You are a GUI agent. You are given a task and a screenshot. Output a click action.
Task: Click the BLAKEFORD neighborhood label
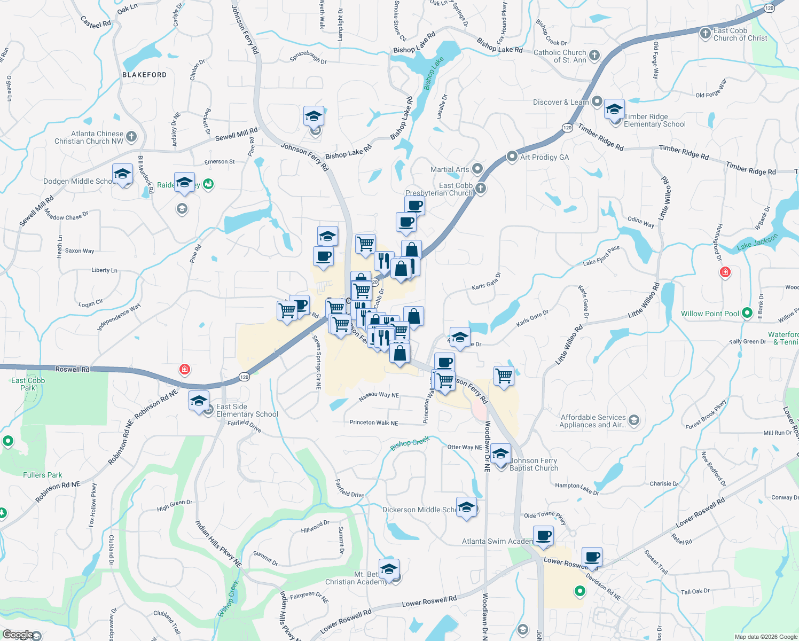click(144, 75)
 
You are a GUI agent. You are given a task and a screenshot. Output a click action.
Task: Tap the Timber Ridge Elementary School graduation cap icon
click(614, 111)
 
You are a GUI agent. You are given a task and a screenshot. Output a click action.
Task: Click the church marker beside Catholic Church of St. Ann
click(594, 56)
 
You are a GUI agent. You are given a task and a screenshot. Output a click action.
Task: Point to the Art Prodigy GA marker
click(512, 157)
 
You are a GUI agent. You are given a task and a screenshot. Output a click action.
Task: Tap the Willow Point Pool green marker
click(747, 313)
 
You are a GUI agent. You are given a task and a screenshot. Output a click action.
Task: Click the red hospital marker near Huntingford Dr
click(725, 272)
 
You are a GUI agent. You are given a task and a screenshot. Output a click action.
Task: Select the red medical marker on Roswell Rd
click(185, 369)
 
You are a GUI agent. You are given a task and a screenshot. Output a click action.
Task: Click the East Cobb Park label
click(28, 384)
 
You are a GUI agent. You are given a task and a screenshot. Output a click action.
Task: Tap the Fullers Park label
click(43, 475)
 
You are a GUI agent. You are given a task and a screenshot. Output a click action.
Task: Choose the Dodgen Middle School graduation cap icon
click(123, 174)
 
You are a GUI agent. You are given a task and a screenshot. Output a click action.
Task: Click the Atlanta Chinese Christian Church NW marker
click(131, 137)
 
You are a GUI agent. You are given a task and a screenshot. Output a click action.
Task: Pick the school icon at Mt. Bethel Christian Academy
click(389, 569)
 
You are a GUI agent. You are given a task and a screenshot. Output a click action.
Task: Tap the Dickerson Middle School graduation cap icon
click(466, 507)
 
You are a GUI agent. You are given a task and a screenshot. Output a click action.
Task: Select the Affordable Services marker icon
click(633, 420)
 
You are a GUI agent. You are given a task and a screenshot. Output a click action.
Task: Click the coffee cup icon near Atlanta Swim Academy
click(544, 536)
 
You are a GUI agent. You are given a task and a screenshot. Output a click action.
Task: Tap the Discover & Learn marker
click(597, 101)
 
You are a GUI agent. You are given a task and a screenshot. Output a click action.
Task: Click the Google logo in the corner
click(18, 635)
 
